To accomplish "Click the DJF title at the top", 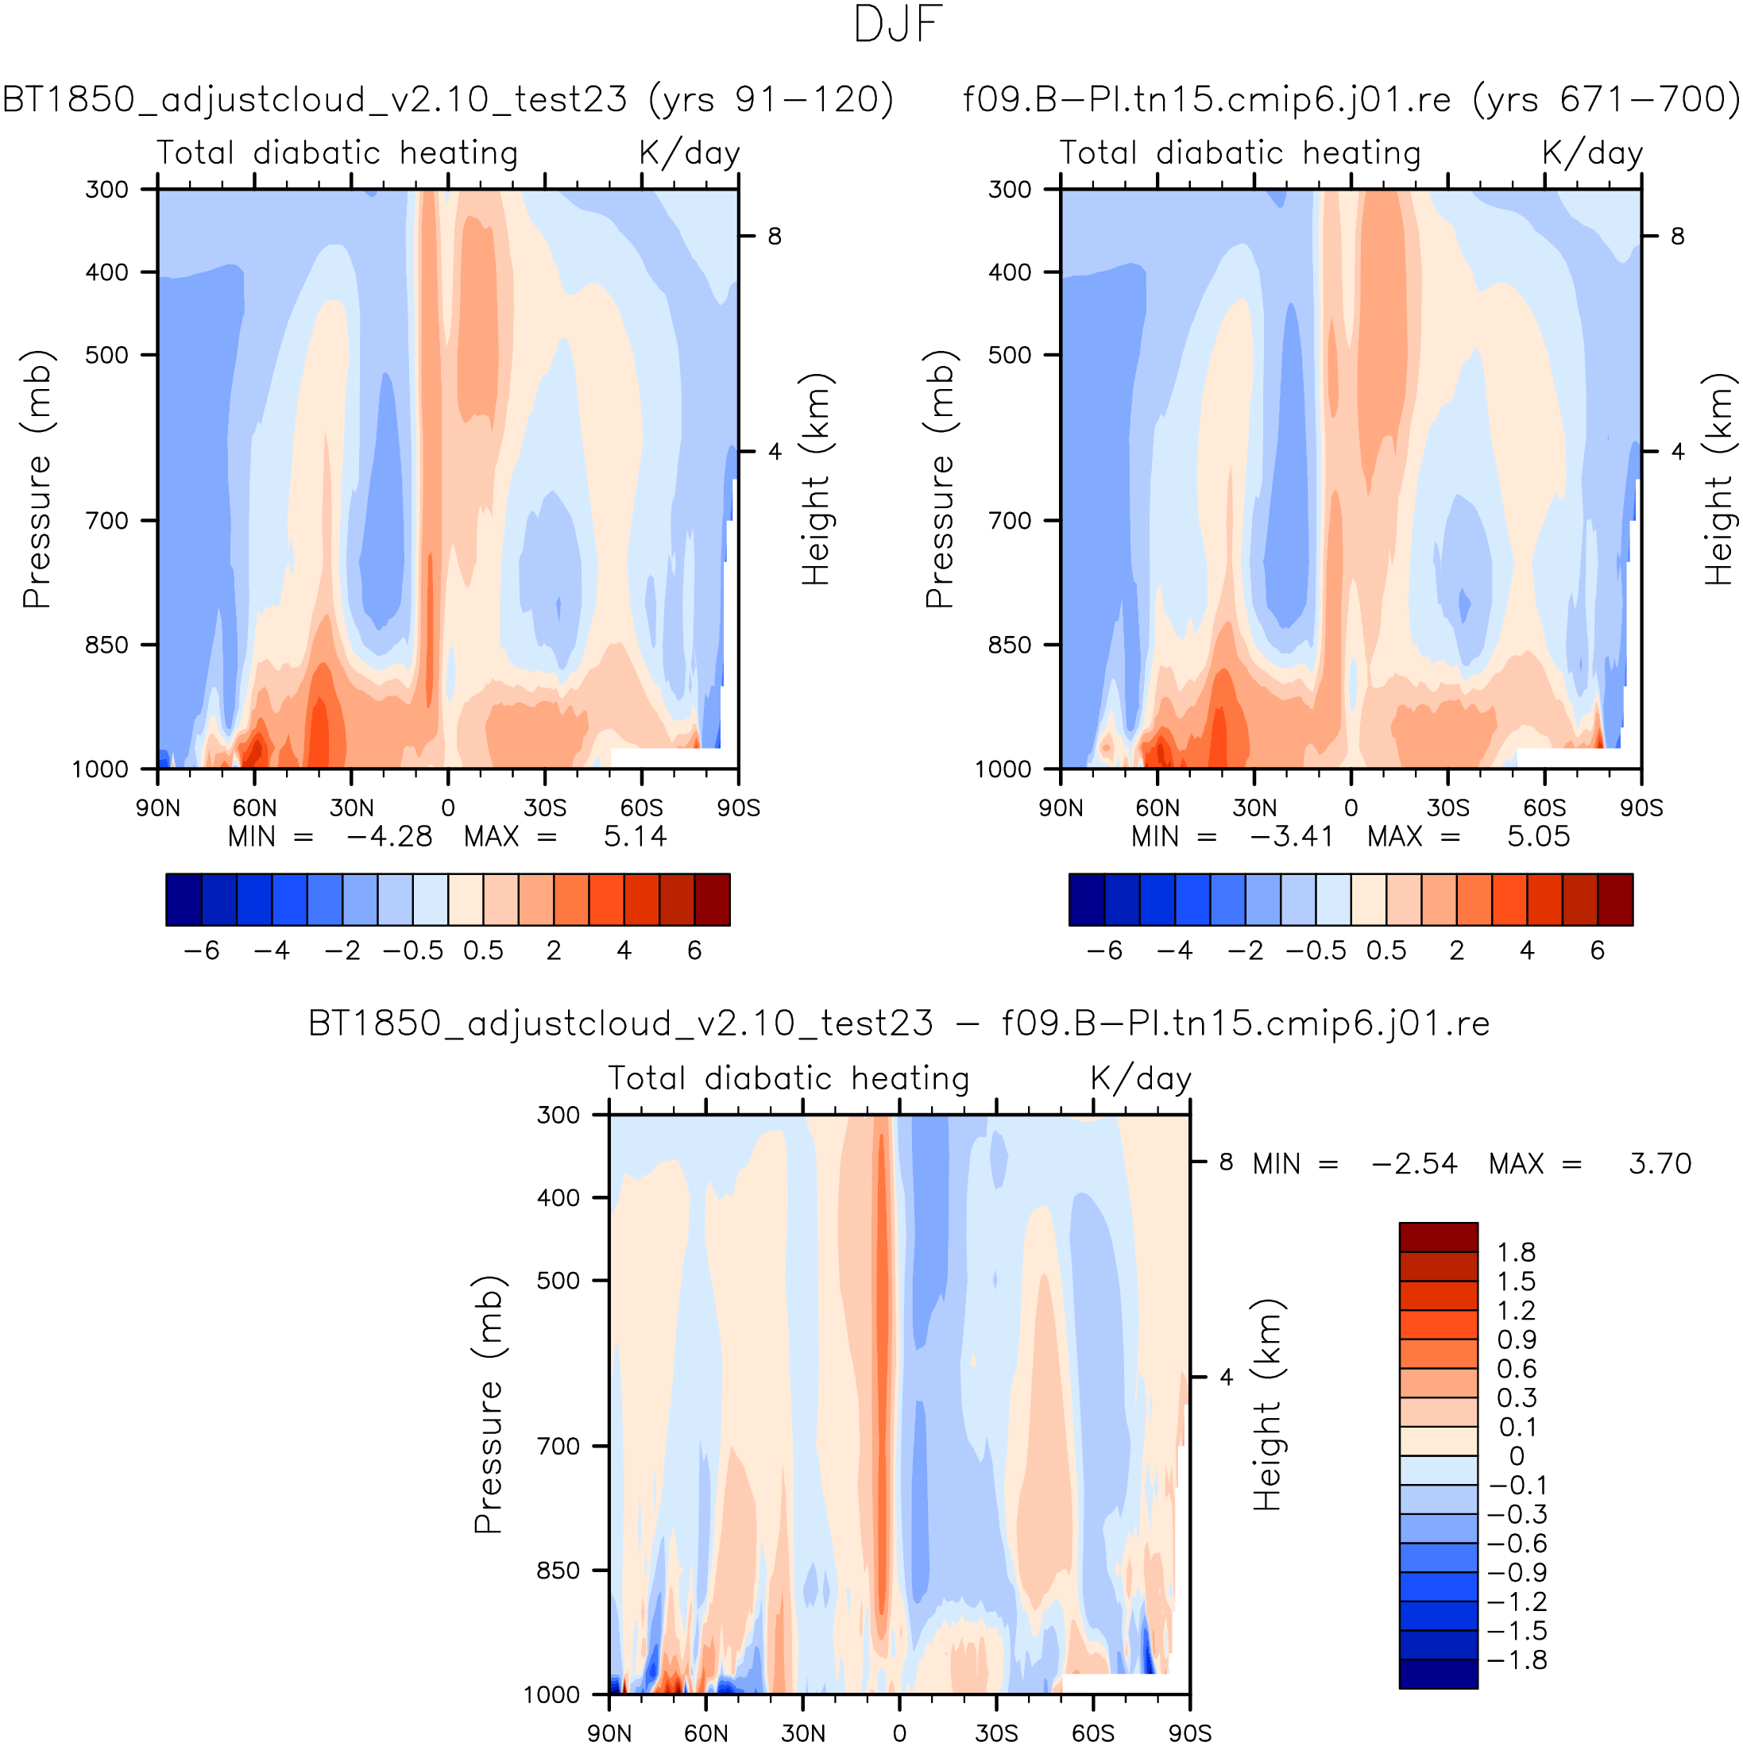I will click(x=897, y=25).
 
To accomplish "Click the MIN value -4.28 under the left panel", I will click(x=388, y=837).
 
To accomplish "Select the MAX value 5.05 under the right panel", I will click(x=1538, y=837).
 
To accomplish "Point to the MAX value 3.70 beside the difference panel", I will click(x=1659, y=1164).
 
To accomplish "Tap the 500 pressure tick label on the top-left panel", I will click(x=107, y=355).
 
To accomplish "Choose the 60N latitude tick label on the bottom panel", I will click(x=705, y=1733).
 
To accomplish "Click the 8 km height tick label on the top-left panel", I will click(x=775, y=237).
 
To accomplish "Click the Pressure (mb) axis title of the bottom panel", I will click(x=489, y=1405).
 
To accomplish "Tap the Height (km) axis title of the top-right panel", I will click(x=1718, y=479).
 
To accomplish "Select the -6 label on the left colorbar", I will click(x=201, y=950).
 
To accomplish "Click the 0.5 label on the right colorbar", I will click(x=1386, y=950).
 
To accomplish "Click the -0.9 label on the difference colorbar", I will click(x=1516, y=1572).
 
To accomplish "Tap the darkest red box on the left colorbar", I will click(x=712, y=900).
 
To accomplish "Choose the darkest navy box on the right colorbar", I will click(x=1087, y=900).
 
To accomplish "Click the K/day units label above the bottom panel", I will click(x=1140, y=1079).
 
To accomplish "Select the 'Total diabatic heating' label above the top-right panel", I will click(x=1239, y=152).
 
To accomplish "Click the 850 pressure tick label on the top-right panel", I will click(x=1010, y=646).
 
